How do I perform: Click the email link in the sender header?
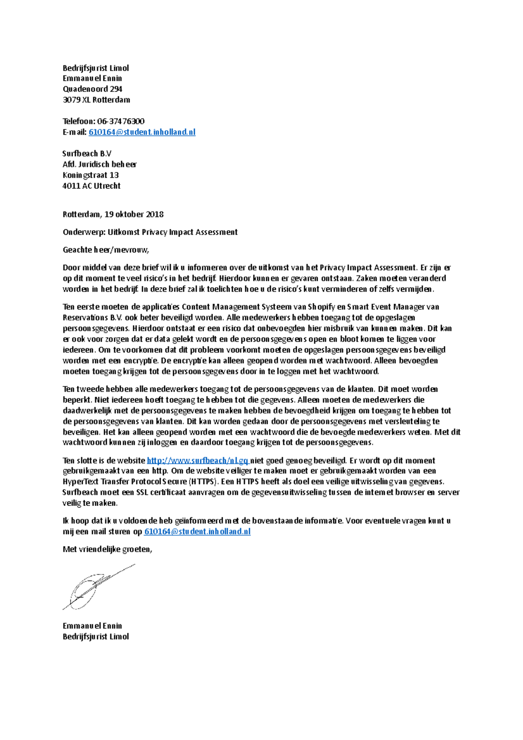click(x=142, y=132)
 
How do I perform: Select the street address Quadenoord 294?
click(x=92, y=89)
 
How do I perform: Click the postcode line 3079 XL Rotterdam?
click(x=96, y=100)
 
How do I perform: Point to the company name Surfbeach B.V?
click(x=87, y=153)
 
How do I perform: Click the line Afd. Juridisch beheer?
click(x=99, y=164)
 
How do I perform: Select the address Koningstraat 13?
click(x=91, y=175)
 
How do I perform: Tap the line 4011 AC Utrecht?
click(x=92, y=186)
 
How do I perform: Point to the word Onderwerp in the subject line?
click(x=83, y=232)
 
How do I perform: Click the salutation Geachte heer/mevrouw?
click(x=105, y=250)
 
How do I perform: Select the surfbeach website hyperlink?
click(x=197, y=461)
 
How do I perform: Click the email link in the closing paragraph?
click(x=197, y=532)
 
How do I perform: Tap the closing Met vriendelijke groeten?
click(x=107, y=549)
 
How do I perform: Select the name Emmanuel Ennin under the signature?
click(x=92, y=626)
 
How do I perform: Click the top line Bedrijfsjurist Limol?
click(x=96, y=68)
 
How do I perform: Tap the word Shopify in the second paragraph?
click(x=321, y=307)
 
